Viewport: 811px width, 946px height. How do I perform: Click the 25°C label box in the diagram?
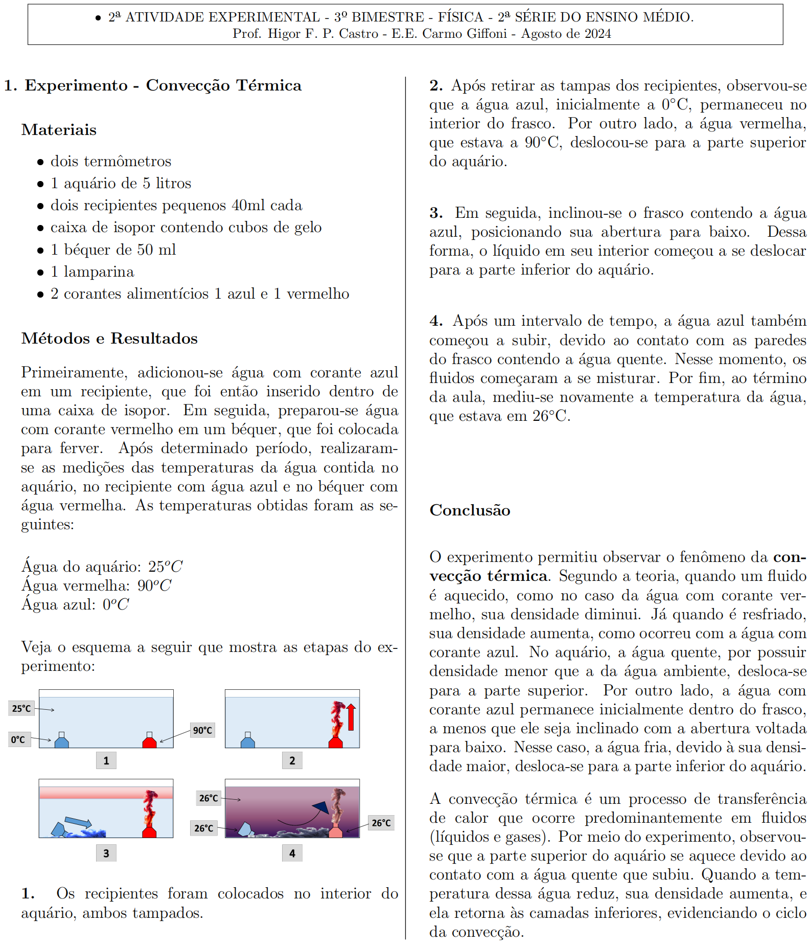tap(21, 708)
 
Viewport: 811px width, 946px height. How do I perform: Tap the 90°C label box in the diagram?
tap(202, 730)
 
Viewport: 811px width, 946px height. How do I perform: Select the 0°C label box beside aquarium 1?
tap(18, 739)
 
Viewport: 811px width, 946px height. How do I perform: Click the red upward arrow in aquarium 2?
tap(351, 717)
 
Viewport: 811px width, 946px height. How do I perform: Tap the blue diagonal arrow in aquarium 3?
tap(78, 822)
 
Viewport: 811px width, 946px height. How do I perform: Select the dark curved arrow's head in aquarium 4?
tap(321, 807)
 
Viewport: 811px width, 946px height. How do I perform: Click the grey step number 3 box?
tap(106, 853)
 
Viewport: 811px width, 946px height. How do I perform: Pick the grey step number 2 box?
tap(292, 760)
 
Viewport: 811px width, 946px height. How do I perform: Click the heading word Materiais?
tap(59, 130)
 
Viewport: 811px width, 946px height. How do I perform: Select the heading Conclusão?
tap(470, 510)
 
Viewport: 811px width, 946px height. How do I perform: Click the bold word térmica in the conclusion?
tap(517, 576)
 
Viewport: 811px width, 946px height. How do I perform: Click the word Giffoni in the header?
tap(484, 34)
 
